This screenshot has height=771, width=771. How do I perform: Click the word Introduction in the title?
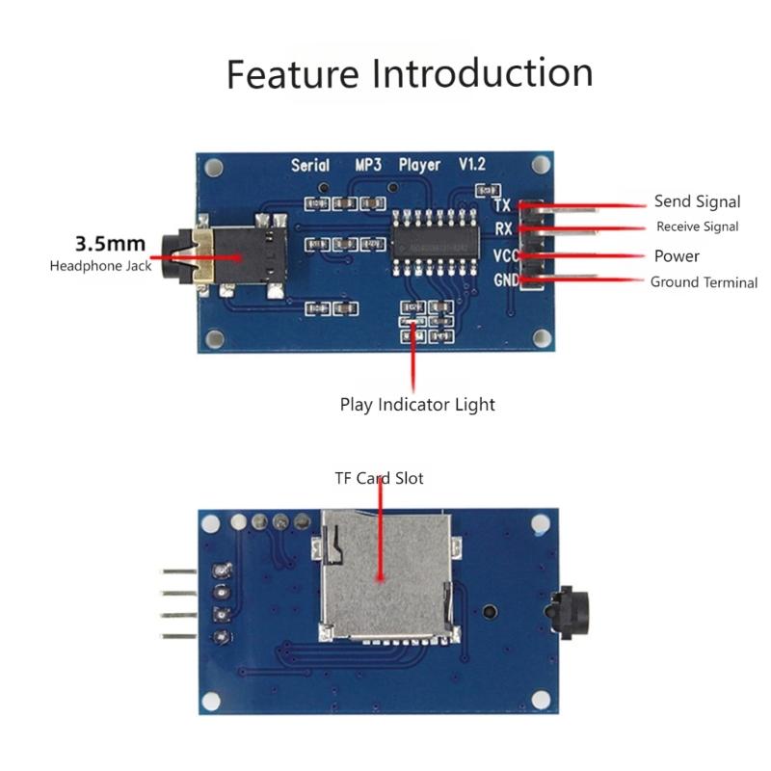pos(482,73)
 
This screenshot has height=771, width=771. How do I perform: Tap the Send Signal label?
pos(697,201)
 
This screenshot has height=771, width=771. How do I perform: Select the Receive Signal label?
pos(697,227)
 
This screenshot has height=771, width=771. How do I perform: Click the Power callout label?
pos(677,256)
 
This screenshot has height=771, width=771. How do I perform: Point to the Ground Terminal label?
pos(704,282)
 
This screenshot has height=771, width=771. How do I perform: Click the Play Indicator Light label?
pos(417,405)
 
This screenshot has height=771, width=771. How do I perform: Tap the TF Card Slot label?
pos(379,478)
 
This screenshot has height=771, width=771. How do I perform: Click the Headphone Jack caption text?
pos(100,266)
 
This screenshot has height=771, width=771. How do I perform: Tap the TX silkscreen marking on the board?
pos(502,205)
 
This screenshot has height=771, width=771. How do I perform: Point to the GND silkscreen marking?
pos(506,280)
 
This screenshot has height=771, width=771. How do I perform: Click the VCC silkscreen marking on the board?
pos(506,255)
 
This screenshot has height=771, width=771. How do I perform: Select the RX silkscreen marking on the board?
pos(503,230)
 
